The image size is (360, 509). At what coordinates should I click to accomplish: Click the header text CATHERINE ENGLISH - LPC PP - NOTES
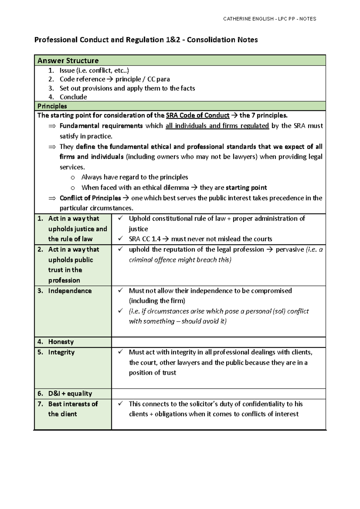pyautogui.click(x=269, y=19)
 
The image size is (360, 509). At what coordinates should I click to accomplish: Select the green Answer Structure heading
pyautogui.click(x=68, y=61)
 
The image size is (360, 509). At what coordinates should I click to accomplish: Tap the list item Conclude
pyautogui.click(x=73, y=97)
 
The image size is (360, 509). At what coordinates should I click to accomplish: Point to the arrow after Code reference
pyautogui.click(x=110, y=79)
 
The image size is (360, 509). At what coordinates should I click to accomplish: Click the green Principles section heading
pyautogui.click(x=52, y=106)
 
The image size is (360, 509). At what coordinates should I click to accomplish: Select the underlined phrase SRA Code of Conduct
pyautogui.click(x=197, y=115)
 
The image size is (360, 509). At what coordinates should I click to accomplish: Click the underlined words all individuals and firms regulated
pyautogui.click(x=217, y=126)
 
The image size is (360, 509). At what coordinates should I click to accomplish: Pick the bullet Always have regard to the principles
pyautogui.click(x=134, y=177)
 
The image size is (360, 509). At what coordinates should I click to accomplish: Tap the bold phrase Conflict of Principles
pyautogui.click(x=90, y=198)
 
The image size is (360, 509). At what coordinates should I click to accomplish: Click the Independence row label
pyautogui.click(x=70, y=291)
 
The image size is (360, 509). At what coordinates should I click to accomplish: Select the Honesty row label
pyautogui.click(x=61, y=342)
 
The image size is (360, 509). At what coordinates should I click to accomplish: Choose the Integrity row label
pyautogui.click(x=61, y=352)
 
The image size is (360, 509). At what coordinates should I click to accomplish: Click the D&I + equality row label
pyautogui.click(x=70, y=394)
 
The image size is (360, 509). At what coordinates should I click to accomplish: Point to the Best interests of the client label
pyautogui.click(x=73, y=409)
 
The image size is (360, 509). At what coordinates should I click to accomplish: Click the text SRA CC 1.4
pyautogui.click(x=145, y=239)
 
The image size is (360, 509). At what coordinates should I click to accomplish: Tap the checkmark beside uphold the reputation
pyautogui.click(x=121, y=249)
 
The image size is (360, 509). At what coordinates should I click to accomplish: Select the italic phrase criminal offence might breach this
pyautogui.click(x=179, y=260)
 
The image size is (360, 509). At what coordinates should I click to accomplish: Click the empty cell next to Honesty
pyautogui.click(x=218, y=342)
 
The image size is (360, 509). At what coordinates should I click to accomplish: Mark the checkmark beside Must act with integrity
pyautogui.click(x=121, y=352)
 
